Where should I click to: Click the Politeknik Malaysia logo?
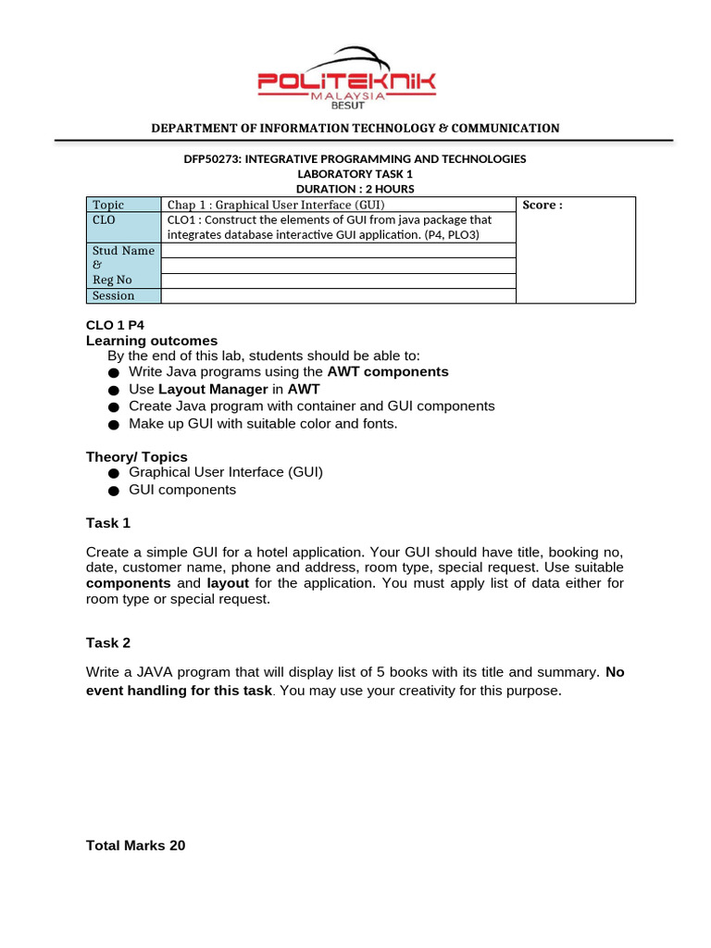[x=346, y=78]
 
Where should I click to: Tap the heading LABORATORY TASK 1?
[x=355, y=174]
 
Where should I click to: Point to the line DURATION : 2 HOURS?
[x=355, y=189]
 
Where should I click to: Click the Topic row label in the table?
[x=108, y=205]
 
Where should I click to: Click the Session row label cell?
[x=113, y=296]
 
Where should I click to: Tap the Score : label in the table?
[x=543, y=206]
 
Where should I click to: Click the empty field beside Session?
[x=338, y=296]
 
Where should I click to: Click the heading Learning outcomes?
[x=152, y=341]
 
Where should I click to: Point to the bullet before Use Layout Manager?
[x=114, y=391]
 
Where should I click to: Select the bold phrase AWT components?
[x=388, y=372]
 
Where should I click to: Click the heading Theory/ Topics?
[x=137, y=457]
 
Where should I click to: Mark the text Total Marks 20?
[x=136, y=845]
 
